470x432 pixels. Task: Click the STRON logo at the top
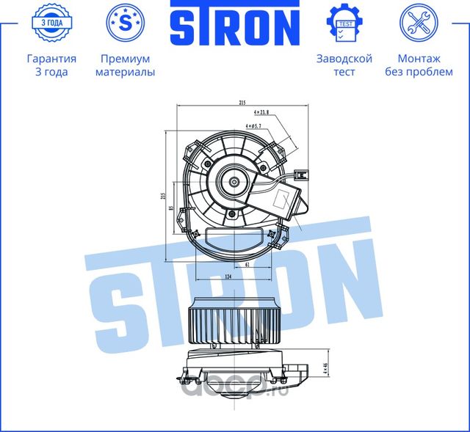(x=234, y=26)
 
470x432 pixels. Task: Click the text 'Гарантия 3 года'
(x=51, y=65)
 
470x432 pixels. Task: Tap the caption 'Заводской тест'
(x=344, y=65)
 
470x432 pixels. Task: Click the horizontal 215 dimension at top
(x=241, y=103)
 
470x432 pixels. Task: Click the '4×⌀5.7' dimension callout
(x=261, y=126)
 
